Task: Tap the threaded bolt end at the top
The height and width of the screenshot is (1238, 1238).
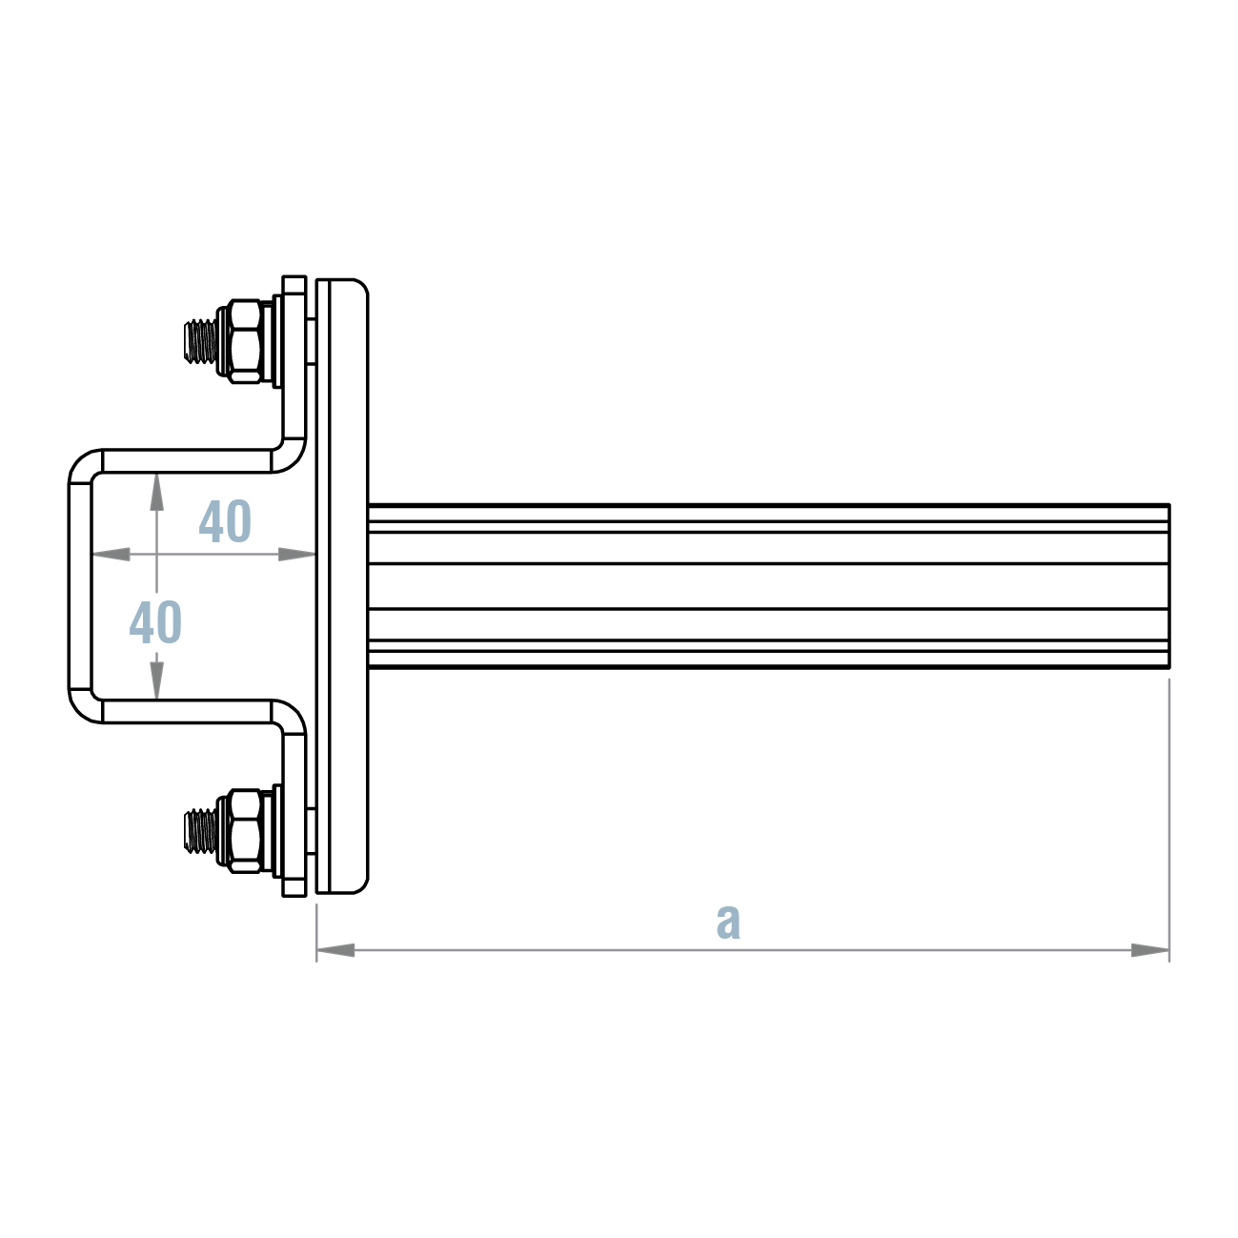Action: click(x=199, y=340)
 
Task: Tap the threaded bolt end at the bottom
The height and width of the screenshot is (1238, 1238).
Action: click(x=199, y=830)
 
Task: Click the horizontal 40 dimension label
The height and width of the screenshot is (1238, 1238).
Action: click(x=225, y=521)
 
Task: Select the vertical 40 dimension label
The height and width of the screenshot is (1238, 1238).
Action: click(x=155, y=623)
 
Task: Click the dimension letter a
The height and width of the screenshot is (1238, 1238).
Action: click(x=728, y=921)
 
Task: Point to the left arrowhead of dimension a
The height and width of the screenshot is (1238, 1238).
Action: click(x=335, y=949)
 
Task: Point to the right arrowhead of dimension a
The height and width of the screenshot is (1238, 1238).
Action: click(x=1150, y=949)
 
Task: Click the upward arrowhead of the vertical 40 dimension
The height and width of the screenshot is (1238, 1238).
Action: click(x=156, y=491)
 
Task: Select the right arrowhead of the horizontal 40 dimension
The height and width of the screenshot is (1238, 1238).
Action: click(x=296, y=554)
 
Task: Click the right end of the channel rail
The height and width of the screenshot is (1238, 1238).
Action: click(x=1167, y=586)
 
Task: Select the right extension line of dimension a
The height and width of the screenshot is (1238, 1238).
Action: click(x=1168, y=820)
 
